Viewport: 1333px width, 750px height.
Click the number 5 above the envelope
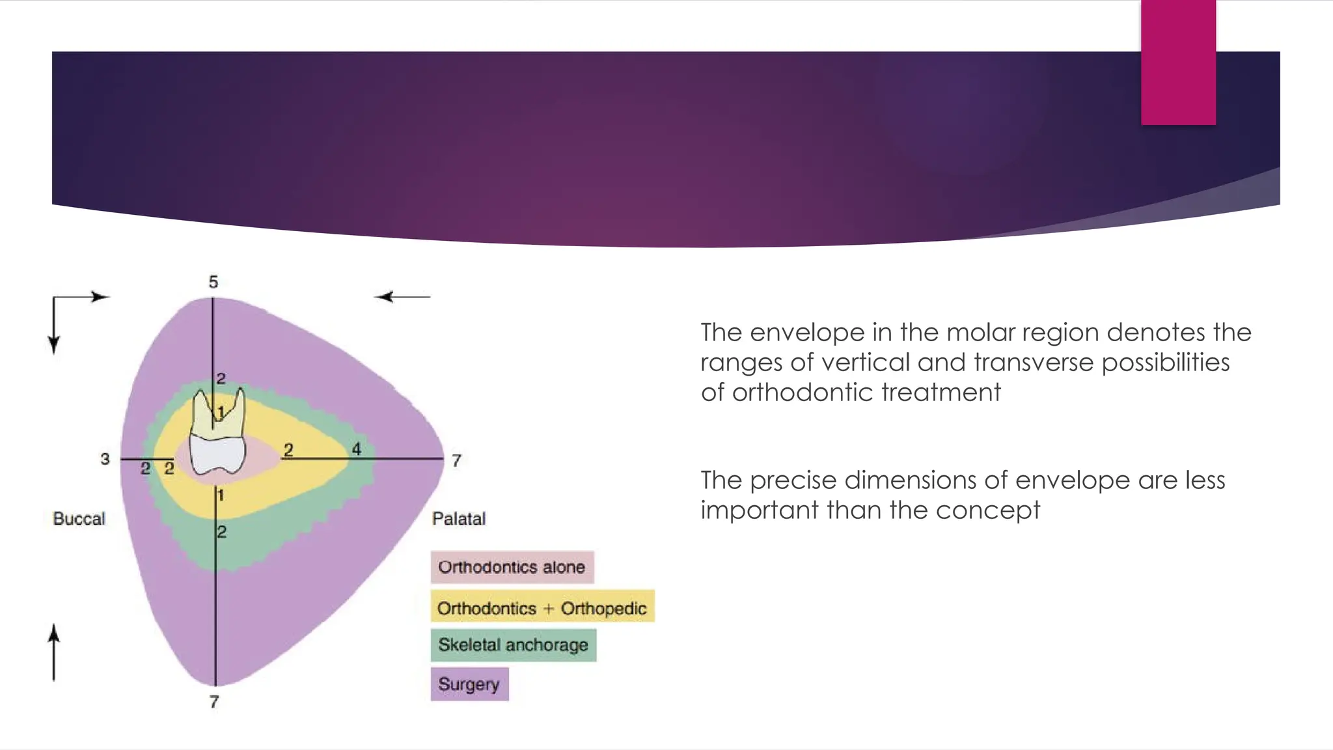[213, 282]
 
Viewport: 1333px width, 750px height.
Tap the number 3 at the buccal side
[105, 459]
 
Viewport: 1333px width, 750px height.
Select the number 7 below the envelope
[214, 702]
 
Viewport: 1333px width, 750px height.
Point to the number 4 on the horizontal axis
[356, 449]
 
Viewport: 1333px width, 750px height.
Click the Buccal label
[79, 519]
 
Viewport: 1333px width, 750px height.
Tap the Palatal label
[459, 519]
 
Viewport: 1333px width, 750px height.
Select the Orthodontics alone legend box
[512, 567]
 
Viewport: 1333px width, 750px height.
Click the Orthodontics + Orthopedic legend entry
[542, 608]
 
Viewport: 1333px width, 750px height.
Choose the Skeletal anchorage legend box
[513, 645]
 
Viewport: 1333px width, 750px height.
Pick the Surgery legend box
[469, 684]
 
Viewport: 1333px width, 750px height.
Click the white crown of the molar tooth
[217, 454]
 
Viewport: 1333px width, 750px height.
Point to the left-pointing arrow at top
[402, 297]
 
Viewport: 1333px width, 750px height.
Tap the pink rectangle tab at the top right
[1178, 62]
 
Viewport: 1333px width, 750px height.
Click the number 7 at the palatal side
[456, 461]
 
